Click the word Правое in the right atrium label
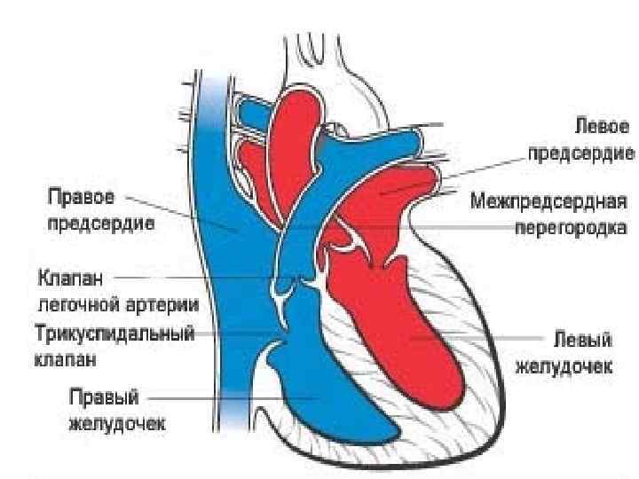pos(78,197)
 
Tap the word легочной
pos(83,303)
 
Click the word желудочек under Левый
pos(565,365)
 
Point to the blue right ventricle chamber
pos(328,399)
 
